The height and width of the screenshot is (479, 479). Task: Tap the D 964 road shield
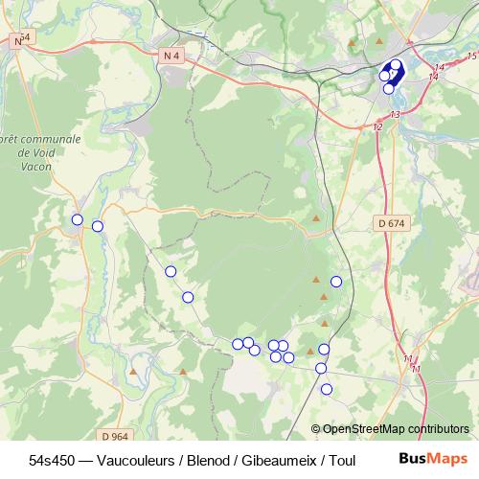click(114, 436)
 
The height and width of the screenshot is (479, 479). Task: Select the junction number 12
click(377, 126)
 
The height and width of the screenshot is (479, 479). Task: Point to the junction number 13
click(395, 114)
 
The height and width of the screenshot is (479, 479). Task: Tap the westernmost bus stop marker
click(78, 219)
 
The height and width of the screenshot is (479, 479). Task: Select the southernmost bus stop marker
click(327, 389)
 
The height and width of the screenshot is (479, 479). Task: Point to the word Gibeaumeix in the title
click(276, 460)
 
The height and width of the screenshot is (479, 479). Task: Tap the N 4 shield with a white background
click(172, 56)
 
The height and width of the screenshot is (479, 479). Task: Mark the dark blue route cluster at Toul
click(391, 73)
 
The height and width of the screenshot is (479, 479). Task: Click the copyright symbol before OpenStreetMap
click(315, 429)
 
